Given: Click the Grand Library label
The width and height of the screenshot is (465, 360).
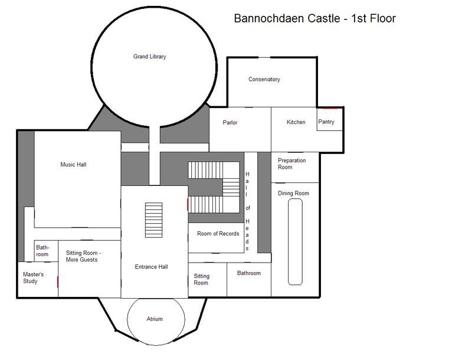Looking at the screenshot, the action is pos(149,56).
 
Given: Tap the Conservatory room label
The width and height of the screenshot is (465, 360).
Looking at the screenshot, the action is pos(264,79).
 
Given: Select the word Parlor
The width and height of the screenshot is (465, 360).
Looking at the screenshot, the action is pos(230,123).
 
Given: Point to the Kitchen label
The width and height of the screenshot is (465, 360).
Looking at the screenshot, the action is pos(296,122).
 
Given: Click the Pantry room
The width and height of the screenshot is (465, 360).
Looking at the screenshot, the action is pos(329,119).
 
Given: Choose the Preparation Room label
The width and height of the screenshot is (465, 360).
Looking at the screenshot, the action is pos(292,163).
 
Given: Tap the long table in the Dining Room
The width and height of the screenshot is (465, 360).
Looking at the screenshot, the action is pos(295,242).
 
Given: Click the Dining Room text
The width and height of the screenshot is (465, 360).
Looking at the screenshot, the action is pos(293,193).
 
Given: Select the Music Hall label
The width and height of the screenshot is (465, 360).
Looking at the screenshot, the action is pos(73,164).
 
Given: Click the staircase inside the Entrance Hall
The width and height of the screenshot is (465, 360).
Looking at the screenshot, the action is pos(153,220).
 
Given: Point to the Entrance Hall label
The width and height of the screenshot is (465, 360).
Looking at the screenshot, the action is pos(151,267).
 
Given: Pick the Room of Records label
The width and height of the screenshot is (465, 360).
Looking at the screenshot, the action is pos(218,233).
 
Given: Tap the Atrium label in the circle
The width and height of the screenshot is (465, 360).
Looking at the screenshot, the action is pos(155,319).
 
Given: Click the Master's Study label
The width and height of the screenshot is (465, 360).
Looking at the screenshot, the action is pos(33,277).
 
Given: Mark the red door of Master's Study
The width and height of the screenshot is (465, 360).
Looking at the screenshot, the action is pos(57,282).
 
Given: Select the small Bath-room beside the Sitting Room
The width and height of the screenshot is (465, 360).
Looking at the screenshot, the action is pos(46,251).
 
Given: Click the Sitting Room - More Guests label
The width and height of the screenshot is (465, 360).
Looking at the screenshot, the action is pos(83,256).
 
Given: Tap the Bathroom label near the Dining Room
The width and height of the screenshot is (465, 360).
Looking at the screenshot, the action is pos(249,273).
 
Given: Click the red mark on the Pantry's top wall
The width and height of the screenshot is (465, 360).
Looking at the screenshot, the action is pos(330,108).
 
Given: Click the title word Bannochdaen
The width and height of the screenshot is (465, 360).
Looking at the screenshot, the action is pos(270,18).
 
